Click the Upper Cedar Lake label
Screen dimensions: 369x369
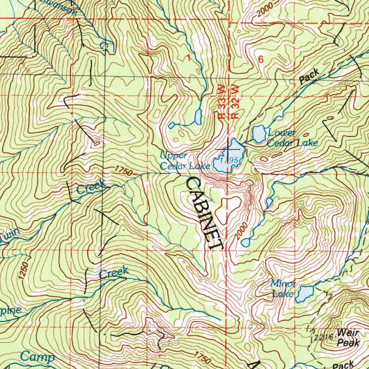185,161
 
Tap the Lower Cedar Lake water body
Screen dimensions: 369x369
258,134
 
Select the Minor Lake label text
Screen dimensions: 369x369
283,289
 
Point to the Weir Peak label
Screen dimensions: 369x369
348,337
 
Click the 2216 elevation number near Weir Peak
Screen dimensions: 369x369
321,337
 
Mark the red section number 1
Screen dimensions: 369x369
188,58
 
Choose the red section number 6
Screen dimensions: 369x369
261,60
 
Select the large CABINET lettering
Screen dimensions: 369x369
204,213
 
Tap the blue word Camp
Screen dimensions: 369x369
37,357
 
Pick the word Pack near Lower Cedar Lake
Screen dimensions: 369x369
310,76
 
